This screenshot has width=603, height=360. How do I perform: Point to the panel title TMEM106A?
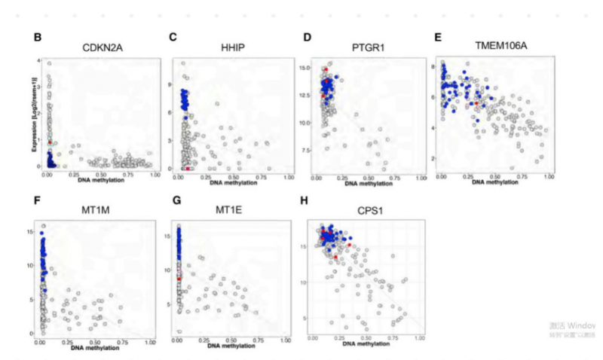coord(500,47)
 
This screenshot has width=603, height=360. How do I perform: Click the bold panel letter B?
coord(35,37)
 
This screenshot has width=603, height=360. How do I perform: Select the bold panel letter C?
coord(173,37)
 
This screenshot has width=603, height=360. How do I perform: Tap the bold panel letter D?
coord(308,37)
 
